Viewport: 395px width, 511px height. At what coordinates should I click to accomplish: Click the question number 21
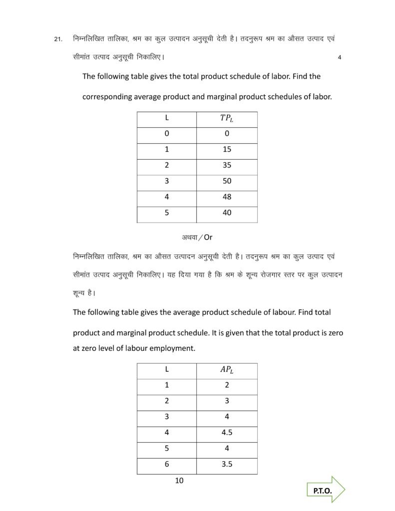click(x=57, y=38)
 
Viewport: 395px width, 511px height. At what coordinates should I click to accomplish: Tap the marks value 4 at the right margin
click(x=340, y=57)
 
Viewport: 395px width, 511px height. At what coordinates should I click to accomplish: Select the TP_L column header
click(x=227, y=119)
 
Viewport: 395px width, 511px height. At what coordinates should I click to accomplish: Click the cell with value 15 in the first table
click(x=227, y=149)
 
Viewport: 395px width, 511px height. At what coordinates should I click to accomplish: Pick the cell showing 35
click(x=227, y=165)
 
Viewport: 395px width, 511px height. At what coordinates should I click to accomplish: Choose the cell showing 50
click(x=227, y=181)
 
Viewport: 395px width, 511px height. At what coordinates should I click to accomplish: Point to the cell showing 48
click(x=227, y=197)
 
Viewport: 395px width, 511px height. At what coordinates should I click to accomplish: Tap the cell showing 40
click(x=227, y=213)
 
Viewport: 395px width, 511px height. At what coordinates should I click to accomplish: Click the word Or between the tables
click(x=208, y=237)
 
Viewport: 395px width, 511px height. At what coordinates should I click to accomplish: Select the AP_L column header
click(x=227, y=370)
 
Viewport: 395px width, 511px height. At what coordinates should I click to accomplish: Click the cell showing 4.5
click(x=227, y=433)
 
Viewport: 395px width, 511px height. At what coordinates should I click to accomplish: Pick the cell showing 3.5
click(x=227, y=464)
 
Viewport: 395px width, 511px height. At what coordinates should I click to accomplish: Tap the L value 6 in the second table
click(x=166, y=464)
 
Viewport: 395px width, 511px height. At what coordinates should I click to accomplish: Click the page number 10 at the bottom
click(x=180, y=481)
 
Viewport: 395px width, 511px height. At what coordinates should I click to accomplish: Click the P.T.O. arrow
click(x=326, y=491)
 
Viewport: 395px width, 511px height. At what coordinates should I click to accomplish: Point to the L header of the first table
click(x=166, y=119)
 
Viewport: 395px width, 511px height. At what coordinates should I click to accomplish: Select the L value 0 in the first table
click(x=166, y=133)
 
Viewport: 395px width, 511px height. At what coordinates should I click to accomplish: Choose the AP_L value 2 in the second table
click(x=227, y=385)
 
